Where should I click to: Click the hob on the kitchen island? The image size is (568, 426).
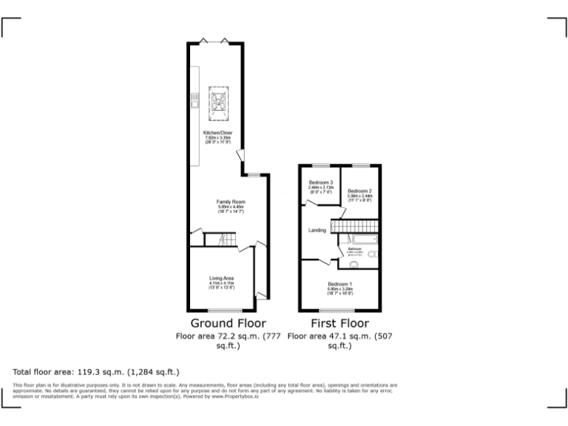tap(219, 104)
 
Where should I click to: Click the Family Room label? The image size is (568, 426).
tap(231, 201)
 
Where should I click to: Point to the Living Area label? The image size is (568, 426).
tap(221, 278)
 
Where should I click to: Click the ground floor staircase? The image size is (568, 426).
tap(220, 240)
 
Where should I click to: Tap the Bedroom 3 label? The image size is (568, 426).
tap(321, 183)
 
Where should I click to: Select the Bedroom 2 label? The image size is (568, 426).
tap(359, 191)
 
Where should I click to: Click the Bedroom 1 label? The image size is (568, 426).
tap(340, 285)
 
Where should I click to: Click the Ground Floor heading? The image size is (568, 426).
tap(229, 323)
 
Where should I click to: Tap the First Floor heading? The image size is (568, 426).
tap(339, 323)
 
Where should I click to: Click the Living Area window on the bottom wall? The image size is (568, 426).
tap(221, 310)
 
